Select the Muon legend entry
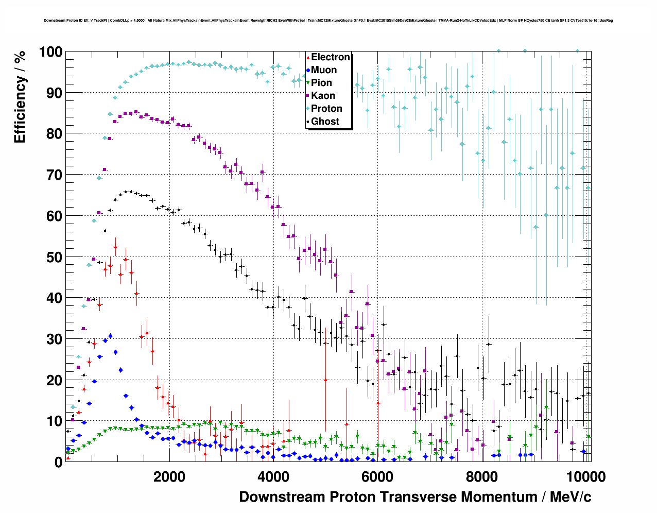pyautogui.click(x=324, y=70)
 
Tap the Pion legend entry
pyautogui.click(x=322, y=83)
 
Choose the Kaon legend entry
pyautogui.click(x=323, y=96)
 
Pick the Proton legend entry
pyautogui.click(x=326, y=109)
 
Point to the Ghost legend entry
pyautogui.click(x=325, y=122)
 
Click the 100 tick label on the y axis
pyautogui.click(x=50, y=52)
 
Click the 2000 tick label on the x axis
pyautogui.click(x=169, y=476)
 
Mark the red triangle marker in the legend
pyautogui.click(x=308, y=58)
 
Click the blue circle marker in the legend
pyautogui.click(x=308, y=71)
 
